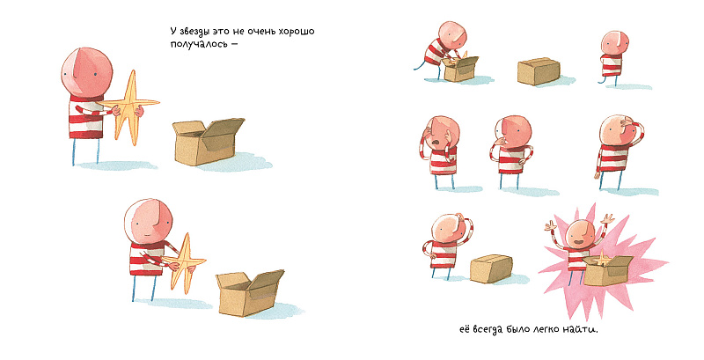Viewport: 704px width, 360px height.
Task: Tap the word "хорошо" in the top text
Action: (x=297, y=32)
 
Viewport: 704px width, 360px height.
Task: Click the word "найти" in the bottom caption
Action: (x=583, y=329)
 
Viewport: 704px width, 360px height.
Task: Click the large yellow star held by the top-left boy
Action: (x=129, y=107)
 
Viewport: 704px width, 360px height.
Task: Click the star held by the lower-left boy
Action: (x=185, y=262)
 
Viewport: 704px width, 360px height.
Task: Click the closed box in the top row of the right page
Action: (x=539, y=71)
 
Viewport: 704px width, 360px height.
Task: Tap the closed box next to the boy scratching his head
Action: (x=491, y=268)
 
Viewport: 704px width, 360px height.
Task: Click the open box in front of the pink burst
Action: (x=607, y=271)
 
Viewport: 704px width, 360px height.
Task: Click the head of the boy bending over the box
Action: (x=452, y=35)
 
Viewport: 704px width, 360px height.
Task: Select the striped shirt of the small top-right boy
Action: (x=611, y=64)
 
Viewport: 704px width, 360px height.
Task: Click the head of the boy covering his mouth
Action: (x=514, y=130)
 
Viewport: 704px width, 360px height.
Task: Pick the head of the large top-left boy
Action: (x=86, y=72)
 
